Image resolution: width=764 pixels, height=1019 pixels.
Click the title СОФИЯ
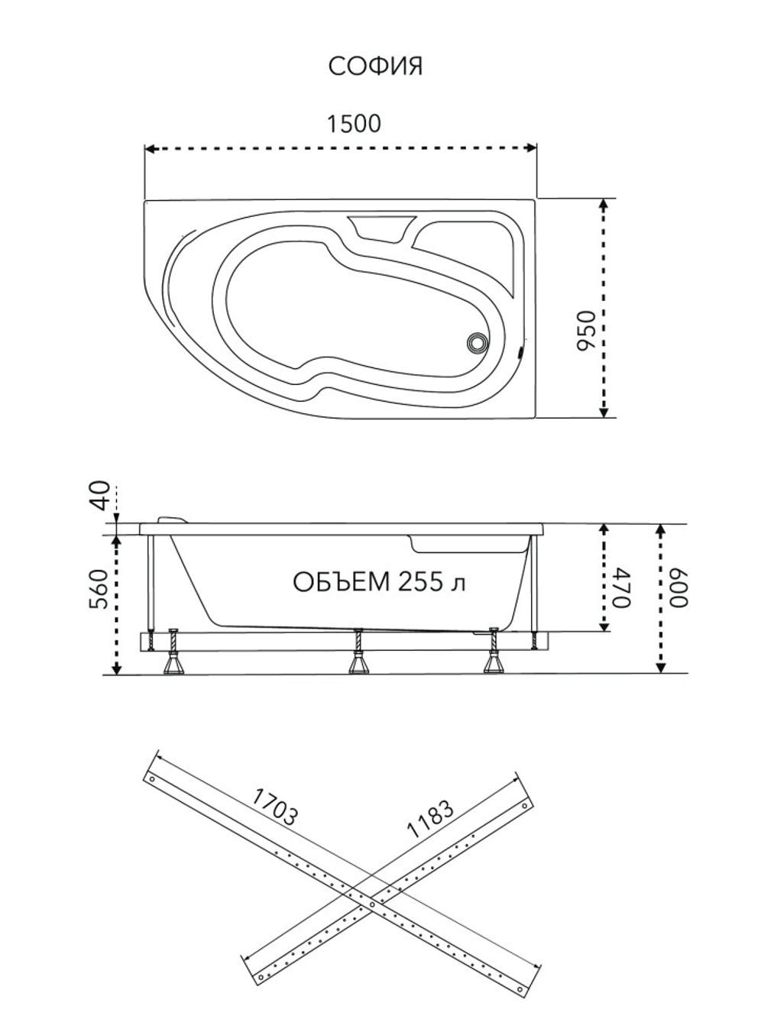(375, 67)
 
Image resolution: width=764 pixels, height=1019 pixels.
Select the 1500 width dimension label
(354, 124)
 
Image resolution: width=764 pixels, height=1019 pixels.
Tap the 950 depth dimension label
(585, 331)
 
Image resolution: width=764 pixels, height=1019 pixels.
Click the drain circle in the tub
(477, 343)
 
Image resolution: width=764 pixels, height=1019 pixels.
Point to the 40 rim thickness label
(100, 496)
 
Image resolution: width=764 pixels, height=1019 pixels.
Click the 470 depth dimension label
(621, 587)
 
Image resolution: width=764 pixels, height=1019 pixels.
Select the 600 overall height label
(679, 587)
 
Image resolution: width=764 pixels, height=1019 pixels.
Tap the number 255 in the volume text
(419, 582)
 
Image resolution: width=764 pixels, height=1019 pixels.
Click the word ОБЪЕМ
(342, 582)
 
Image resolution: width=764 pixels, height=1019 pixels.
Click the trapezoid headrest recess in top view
(380, 228)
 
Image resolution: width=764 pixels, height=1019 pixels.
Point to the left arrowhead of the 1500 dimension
(150, 148)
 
